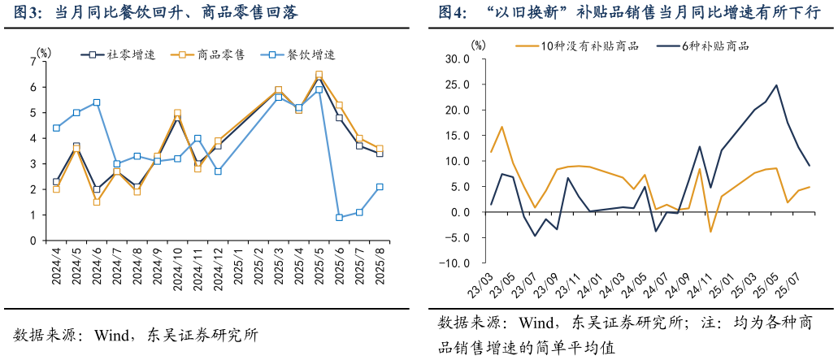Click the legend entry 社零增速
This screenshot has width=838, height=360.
point(114,54)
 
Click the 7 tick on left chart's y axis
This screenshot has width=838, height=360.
point(33,62)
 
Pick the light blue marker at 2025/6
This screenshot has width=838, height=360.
point(339,218)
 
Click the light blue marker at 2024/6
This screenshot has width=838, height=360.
point(97,102)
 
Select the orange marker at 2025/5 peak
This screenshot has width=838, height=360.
point(319,75)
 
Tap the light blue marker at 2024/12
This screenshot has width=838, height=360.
point(218,171)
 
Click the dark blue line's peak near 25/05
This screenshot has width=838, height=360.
point(776,85)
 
